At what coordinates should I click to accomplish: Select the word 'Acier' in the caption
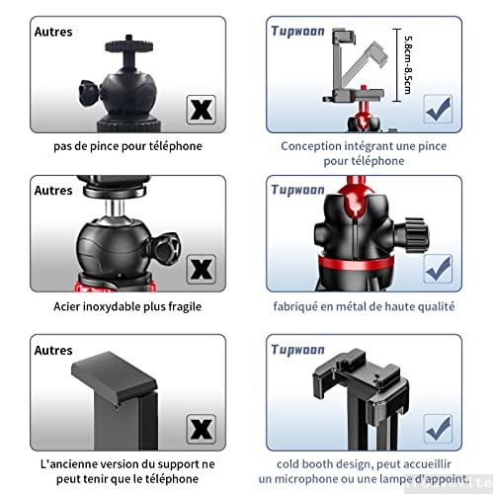click(70, 306)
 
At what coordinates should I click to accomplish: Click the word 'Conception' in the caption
click(312, 145)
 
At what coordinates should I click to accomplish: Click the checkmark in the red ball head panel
click(438, 267)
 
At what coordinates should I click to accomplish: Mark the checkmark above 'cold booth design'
click(438, 428)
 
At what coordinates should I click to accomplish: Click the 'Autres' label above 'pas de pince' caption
click(52, 31)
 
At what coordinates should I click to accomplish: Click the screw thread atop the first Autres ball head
click(124, 44)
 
